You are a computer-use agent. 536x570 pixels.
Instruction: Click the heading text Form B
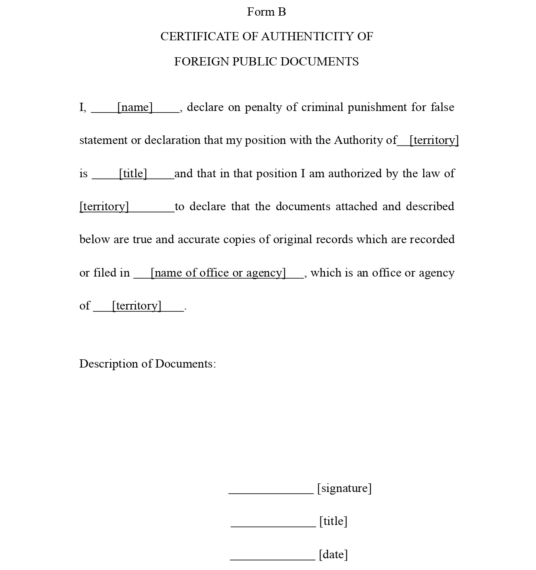(x=266, y=12)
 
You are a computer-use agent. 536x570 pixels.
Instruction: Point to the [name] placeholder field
(x=135, y=107)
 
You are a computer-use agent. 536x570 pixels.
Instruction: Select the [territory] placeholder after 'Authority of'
(x=434, y=140)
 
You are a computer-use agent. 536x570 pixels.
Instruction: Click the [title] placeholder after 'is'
(x=133, y=173)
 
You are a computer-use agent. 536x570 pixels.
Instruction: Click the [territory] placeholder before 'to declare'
(x=105, y=206)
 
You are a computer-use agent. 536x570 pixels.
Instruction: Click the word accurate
(x=199, y=239)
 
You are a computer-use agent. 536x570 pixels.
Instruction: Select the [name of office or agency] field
(x=218, y=273)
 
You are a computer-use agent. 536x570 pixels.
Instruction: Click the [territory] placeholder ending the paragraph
(x=137, y=306)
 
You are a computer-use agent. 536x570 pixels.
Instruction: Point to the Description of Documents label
(x=147, y=364)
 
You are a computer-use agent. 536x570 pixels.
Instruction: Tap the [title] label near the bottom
(x=333, y=521)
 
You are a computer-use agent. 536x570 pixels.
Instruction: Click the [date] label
(x=333, y=554)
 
